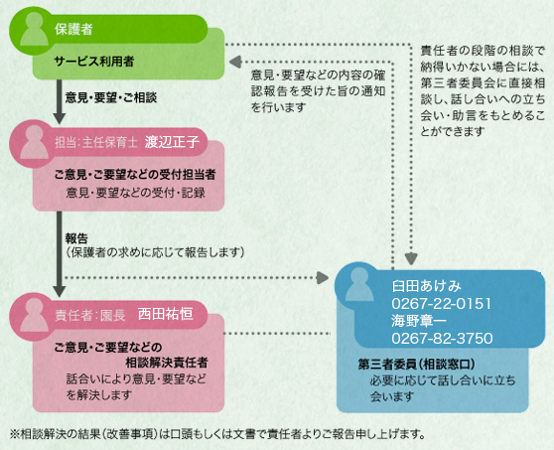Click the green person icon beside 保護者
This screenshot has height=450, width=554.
[x=34, y=30]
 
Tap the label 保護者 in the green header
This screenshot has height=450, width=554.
[x=73, y=29]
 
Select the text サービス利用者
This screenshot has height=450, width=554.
[x=94, y=62]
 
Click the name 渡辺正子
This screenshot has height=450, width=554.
[x=172, y=141]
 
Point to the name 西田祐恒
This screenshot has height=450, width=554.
[x=166, y=314]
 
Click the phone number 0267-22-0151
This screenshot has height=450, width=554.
[x=441, y=304]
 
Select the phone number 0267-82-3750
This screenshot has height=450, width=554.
[x=442, y=339]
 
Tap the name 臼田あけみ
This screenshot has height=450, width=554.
[x=427, y=286]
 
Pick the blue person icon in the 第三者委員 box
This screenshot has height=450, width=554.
[x=359, y=284]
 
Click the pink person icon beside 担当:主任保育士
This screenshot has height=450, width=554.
[x=34, y=142]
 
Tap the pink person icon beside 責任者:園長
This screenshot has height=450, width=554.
[x=34, y=315]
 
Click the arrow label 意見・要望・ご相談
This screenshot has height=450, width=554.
[x=111, y=97]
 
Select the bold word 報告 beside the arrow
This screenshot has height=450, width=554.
[x=76, y=238]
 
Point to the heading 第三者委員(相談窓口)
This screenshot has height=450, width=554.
[x=416, y=365]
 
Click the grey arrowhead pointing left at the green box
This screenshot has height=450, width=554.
[x=235, y=62]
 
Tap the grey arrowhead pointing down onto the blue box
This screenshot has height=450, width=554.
[x=411, y=259]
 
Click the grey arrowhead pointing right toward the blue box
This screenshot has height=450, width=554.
[x=323, y=278]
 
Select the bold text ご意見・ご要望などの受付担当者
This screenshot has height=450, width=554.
[x=135, y=174]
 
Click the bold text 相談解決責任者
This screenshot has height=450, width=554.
[x=167, y=363]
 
